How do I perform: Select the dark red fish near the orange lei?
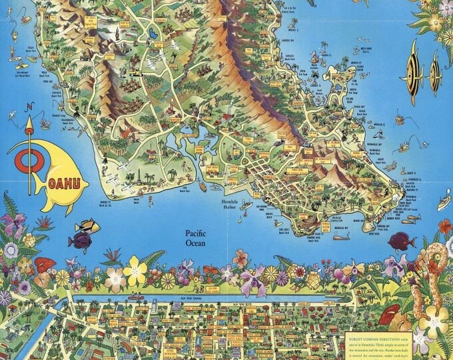(x=402, y=241)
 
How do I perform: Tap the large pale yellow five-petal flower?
(x=135, y=271)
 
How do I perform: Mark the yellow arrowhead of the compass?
(x=29, y=124)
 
